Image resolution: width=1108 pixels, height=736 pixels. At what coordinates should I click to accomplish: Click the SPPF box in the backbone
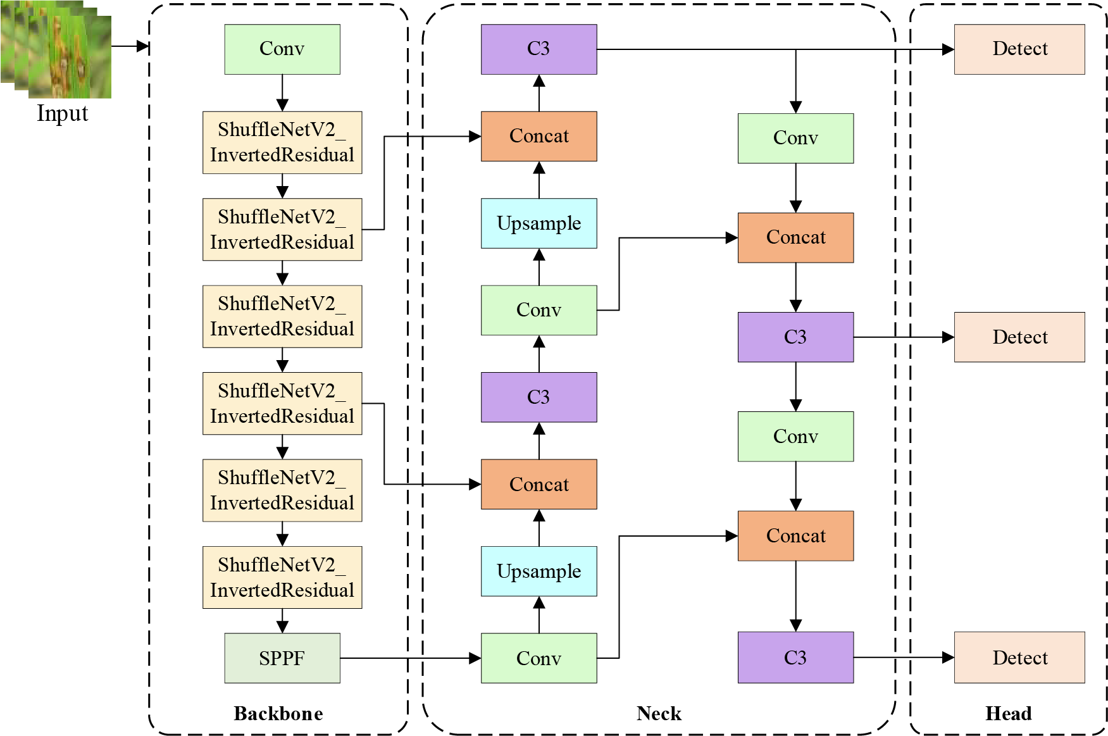[x=282, y=658]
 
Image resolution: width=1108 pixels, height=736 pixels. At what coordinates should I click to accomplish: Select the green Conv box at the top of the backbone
[x=282, y=49]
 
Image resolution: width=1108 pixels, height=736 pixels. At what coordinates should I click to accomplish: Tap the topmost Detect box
[x=1019, y=49]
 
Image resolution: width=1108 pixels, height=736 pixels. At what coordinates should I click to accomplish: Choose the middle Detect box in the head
[x=1019, y=337]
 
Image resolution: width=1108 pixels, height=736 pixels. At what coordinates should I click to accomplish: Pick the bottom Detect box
[x=1019, y=658]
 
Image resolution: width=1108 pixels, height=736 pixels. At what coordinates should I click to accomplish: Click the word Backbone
[x=278, y=714]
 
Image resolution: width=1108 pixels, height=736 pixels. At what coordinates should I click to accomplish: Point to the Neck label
[x=659, y=714]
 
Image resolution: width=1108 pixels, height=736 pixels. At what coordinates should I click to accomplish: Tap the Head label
[x=1009, y=714]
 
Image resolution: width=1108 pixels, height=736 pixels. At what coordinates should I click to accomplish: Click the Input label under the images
[x=62, y=114]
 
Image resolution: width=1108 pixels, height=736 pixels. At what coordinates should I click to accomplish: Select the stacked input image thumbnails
[x=56, y=49]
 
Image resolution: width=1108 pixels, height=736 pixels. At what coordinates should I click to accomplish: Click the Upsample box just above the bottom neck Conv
[x=539, y=571]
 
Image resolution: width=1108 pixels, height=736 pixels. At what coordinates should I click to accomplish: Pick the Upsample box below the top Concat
[x=539, y=223]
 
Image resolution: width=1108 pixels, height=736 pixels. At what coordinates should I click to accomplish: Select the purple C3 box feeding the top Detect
[x=539, y=49]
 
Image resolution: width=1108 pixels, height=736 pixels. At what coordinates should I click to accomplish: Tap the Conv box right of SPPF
[x=539, y=658]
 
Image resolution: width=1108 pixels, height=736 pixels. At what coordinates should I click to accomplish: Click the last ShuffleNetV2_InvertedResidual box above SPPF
[x=282, y=578]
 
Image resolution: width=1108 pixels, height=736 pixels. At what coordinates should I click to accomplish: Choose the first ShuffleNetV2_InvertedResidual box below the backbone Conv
[x=282, y=143]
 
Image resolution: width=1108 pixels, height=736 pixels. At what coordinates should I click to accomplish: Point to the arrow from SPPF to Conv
[x=411, y=658]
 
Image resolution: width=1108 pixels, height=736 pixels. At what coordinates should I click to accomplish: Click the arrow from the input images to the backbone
[x=130, y=46]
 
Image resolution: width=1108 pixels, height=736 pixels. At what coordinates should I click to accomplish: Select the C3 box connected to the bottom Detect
[x=796, y=658]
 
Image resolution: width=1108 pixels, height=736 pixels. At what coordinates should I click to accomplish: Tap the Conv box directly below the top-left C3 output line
[x=796, y=139]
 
